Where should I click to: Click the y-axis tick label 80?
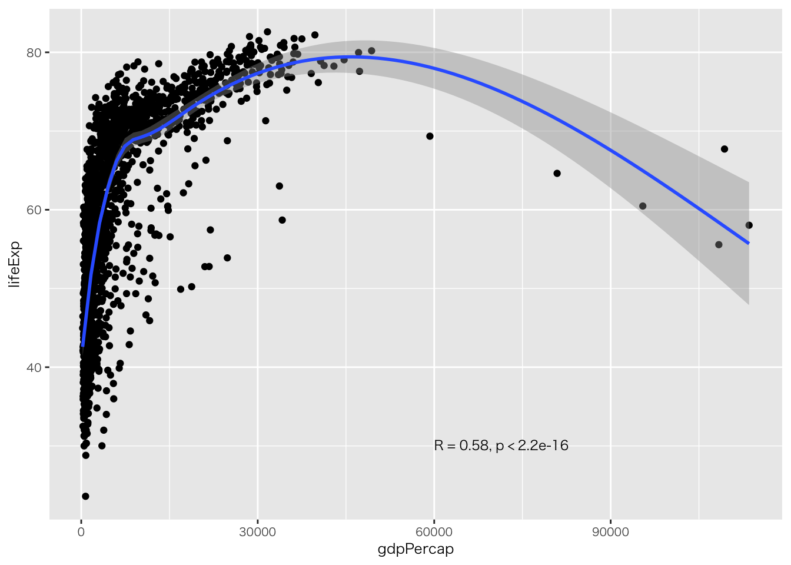tap(35, 53)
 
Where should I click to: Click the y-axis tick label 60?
tap(35, 210)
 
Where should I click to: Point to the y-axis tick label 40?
tap(35, 367)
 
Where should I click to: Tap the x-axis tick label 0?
tap(81, 532)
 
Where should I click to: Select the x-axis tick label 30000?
tap(258, 532)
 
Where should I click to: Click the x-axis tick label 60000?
tap(434, 532)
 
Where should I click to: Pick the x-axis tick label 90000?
tap(610, 532)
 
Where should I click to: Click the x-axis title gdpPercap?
tap(416, 550)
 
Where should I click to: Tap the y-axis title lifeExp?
tap(15, 264)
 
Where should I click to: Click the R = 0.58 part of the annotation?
tap(461, 446)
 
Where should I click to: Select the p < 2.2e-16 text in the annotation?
tap(532, 446)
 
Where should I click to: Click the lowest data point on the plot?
tap(85, 496)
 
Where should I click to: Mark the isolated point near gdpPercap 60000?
tap(430, 136)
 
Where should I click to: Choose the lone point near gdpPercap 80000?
tap(557, 173)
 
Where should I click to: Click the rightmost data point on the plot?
tap(749, 225)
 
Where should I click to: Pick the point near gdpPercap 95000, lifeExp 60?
tap(643, 206)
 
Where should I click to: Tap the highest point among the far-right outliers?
tap(724, 149)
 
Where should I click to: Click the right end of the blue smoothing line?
tap(749, 243)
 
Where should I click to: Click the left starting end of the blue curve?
tap(83, 345)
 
